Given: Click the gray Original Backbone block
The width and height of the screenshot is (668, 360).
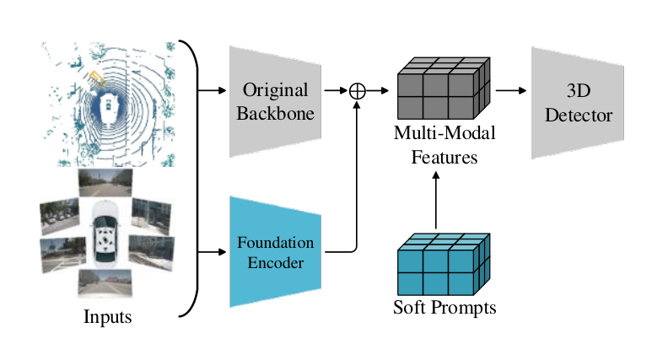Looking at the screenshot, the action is click(275, 101).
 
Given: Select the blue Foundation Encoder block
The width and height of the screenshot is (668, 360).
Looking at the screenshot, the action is click(275, 252).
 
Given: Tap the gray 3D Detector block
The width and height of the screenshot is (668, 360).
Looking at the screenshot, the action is click(578, 103).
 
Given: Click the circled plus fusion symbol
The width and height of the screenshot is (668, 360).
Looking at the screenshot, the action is click(357, 91).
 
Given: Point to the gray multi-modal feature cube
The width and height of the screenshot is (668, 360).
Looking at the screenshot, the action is click(444, 89).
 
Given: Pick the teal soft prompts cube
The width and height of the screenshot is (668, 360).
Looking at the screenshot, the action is click(444, 265).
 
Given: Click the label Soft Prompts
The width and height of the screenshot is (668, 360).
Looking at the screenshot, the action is click(444, 308).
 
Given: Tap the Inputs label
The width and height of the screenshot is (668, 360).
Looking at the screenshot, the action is click(107, 317).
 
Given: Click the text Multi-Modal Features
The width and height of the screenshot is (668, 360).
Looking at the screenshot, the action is click(444, 145).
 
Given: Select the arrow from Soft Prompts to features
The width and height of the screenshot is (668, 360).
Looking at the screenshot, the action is click(436, 201).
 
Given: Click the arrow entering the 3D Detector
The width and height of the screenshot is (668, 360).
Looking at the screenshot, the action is click(511, 90).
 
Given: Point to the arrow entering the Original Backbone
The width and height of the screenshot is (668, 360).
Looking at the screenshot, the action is click(213, 90).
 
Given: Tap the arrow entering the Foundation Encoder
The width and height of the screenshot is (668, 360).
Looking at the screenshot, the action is click(213, 252).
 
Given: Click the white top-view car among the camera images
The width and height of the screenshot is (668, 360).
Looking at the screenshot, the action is click(105, 232).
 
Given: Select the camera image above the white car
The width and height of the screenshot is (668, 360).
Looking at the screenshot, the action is click(105, 183).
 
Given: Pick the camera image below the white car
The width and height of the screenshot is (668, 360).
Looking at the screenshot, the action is click(105, 283).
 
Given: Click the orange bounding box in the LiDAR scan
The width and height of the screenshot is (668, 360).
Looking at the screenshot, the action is click(97, 78).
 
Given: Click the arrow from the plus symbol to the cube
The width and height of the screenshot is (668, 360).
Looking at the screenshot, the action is click(377, 90).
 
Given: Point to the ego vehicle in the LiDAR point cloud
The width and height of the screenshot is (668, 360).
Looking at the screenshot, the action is click(108, 106).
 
